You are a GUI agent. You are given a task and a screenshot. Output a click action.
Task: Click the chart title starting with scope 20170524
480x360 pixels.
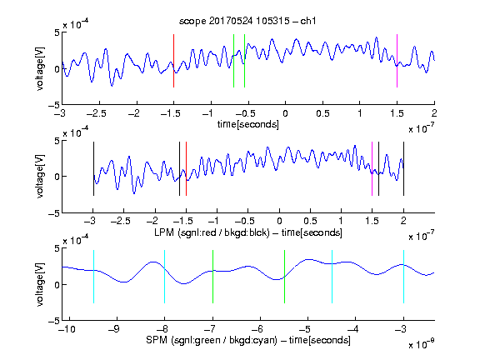pyautogui.click(x=247, y=21)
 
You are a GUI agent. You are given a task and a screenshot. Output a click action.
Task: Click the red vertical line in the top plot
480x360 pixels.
pyautogui.click(x=173, y=61)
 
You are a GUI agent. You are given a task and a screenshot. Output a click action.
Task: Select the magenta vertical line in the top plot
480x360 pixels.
pyautogui.click(x=397, y=61)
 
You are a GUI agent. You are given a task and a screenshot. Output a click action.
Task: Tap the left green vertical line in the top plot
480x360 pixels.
pyautogui.click(x=233, y=61)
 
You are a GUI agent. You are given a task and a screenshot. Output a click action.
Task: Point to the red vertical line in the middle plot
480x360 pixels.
pyautogui.click(x=186, y=168)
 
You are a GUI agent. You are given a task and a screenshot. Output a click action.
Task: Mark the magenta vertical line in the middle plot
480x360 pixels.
pyautogui.click(x=372, y=168)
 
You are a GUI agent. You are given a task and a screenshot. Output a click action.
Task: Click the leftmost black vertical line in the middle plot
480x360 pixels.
pyautogui.click(x=93, y=168)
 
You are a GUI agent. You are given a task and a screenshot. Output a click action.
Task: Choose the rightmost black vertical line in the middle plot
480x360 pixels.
pyautogui.click(x=403, y=168)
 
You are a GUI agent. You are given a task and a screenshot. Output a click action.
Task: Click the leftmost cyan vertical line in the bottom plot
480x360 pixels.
pyautogui.click(x=93, y=277)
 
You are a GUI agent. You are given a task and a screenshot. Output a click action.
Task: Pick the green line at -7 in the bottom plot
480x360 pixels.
pyautogui.click(x=212, y=277)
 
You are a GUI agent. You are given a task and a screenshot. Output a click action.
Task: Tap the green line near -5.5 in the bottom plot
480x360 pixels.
pyautogui.click(x=284, y=277)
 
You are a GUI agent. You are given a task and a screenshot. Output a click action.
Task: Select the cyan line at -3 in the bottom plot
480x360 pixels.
pyautogui.click(x=403, y=277)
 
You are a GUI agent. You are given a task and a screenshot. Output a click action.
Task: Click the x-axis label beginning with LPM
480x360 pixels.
pyautogui.click(x=248, y=232)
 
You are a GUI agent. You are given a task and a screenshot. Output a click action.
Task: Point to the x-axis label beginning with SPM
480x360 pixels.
pyautogui.click(x=248, y=340)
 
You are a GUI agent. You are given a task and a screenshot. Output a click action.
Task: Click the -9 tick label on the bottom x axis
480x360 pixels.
pyautogui.click(x=114, y=329)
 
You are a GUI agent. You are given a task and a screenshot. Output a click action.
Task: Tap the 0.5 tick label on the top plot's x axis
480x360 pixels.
pyautogui.click(x=322, y=113)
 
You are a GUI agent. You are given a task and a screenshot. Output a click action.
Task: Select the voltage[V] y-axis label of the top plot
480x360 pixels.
pyautogui.click(x=40, y=68)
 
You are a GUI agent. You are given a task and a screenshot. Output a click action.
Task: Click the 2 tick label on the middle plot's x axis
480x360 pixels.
pyautogui.click(x=403, y=220)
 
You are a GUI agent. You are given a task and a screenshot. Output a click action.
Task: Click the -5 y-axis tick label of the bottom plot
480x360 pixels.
pyautogui.click(x=54, y=321)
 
